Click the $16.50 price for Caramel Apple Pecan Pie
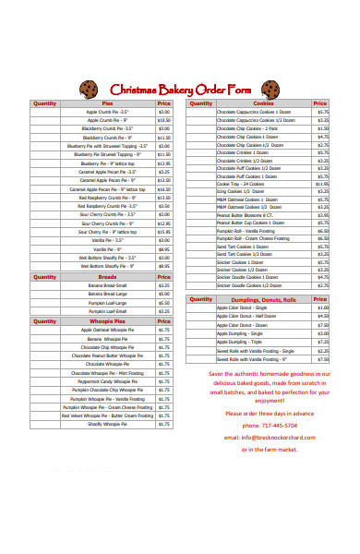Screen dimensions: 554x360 click(x=163, y=189)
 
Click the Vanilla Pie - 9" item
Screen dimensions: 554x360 click(x=107, y=248)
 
